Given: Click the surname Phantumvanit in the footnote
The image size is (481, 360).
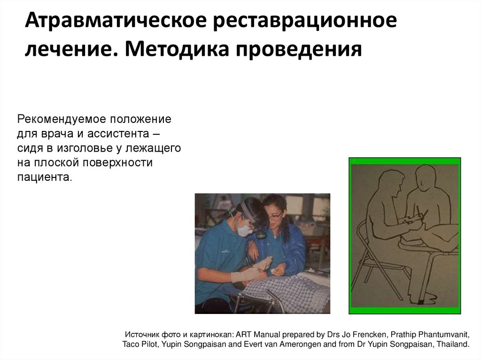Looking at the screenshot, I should click(x=443, y=335).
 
